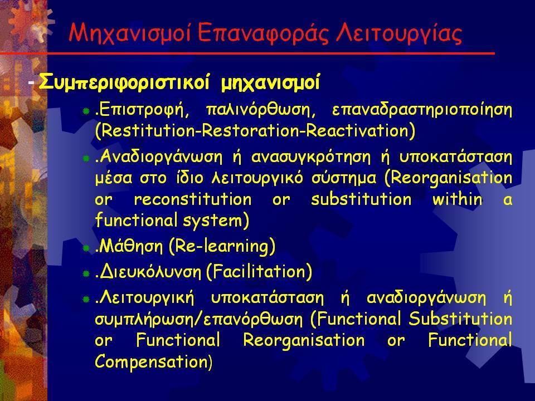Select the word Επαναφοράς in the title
click(262, 34)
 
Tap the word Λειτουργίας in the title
click(398, 34)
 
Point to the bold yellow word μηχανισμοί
click(271, 83)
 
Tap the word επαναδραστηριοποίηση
click(422, 110)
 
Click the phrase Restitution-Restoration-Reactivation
click(255, 130)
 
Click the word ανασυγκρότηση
click(311, 157)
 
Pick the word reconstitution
click(193, 199)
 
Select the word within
click(458, 199)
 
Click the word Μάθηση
click(132, 246)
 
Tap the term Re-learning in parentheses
click(222, 246)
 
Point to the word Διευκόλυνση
click(150, 272)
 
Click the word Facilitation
click(259, 272)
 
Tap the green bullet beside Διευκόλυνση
click(86, 273)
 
